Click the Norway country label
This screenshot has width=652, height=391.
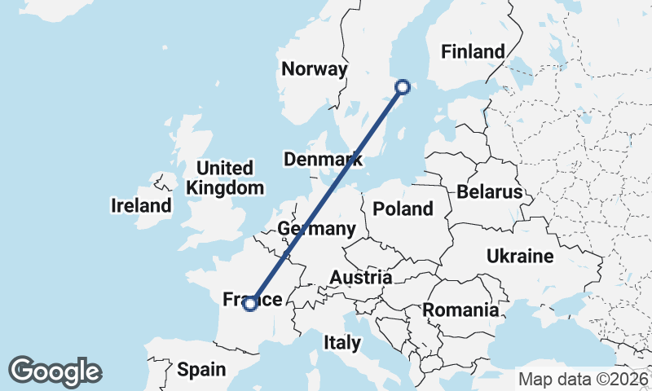315,69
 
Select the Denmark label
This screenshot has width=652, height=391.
324,159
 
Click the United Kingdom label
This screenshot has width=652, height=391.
225,178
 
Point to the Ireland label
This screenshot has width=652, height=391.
141,206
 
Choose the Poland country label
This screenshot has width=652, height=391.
403,209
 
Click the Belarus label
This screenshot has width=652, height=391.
489,193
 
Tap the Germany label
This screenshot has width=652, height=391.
316,229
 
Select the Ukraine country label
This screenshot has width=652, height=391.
520,257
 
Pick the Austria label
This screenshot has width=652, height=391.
360,278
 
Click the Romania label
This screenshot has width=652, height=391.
460,310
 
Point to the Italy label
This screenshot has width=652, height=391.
341,343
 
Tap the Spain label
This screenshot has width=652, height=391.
201,370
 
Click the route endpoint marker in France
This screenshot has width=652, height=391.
250,304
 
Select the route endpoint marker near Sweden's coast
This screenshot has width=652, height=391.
403,86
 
